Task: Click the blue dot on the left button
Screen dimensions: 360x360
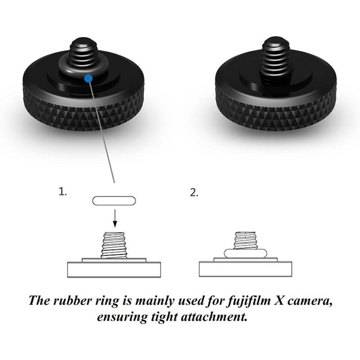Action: (x=88, y=78)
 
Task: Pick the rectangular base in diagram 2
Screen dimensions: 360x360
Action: (x=245, y=270)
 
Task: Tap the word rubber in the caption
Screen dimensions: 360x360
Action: (x=83, y=301)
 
